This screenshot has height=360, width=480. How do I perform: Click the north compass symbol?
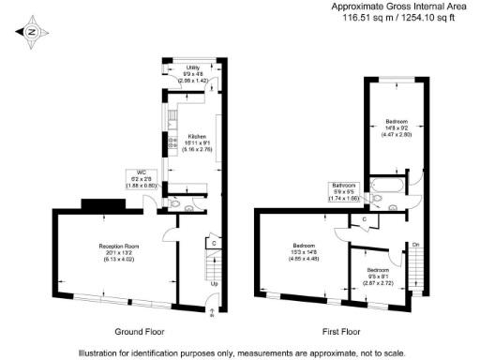coord(32,32)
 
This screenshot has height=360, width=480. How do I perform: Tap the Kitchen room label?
coord(196,142)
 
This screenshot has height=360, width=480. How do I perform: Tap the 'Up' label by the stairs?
coord(215,284)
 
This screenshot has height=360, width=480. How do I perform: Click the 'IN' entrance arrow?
coord(214,312)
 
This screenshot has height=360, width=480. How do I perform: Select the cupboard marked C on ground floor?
coord(215,243)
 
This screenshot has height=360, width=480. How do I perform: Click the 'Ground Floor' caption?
coord(142,332)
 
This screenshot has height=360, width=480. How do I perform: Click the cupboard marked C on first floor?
coord(364,219)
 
